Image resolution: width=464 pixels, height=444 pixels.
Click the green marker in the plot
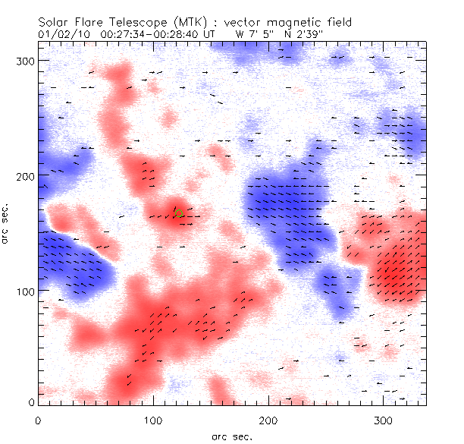tap(178, 212)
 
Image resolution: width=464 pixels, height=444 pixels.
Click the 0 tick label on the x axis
tap(37, 419)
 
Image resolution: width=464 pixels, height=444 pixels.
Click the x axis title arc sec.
tap(231, 436)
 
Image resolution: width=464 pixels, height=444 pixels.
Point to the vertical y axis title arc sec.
tap(9, 224)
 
